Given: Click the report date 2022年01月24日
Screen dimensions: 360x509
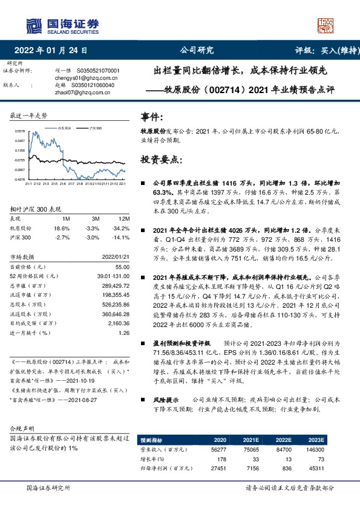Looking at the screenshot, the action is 54,50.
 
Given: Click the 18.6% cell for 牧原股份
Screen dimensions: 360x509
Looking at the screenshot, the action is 63,229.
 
